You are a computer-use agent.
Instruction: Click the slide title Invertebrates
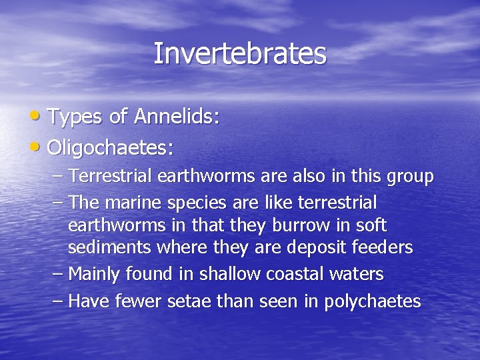[240, 53]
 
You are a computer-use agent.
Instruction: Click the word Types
[75, 117]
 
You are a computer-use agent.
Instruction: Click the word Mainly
[95, 275]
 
